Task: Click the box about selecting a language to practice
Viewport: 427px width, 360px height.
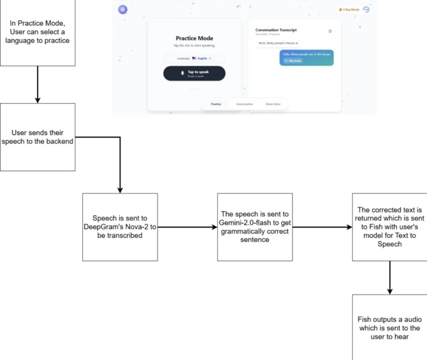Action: pyautogui.click(x=38, y=32)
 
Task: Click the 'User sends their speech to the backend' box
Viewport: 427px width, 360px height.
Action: pyautogui.click(x=38, y=137)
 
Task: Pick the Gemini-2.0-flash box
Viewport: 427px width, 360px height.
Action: pyautogui.click(x=254, y=227)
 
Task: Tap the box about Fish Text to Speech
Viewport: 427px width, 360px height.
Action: pyautogui.click(x=390, y=227)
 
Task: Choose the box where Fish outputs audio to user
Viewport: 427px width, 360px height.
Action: pyautogui.click(x=390, y=327)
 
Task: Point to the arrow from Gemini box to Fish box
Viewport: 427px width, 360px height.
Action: pyautogui.click(x=322, y=227)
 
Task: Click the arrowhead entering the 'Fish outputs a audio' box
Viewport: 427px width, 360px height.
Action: pyautogui.click(x=390, y=291)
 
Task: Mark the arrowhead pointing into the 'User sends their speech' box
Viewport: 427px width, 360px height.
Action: pyautogui.click(x=38, y=99)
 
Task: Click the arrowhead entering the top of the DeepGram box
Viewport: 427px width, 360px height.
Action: pyautogui.click(x=119, y=189)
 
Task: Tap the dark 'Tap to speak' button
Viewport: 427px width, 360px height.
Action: pyautogui.click(x=194, y=74)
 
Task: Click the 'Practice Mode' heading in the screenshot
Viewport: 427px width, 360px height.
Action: pyautogui.click(x=194, y=38)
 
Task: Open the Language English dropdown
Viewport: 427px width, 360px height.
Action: pyautogui.click(x=195, y=58)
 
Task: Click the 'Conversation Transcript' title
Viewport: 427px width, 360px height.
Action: pyautogui.click(x=276, y=30)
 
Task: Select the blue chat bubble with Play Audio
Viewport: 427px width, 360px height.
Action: pyautogui.click(x=306, y=57)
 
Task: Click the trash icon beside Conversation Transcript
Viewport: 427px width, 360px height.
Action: pyautogui.click(x=330, y=31)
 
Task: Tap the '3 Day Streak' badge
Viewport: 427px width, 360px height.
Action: pyautogui.click(x=349, y=9)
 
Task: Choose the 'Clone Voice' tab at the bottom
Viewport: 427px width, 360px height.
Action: pyautogui.click(x=273, y=104)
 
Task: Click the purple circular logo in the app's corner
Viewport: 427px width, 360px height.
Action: pyautogui.click(x=123, y=9)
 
